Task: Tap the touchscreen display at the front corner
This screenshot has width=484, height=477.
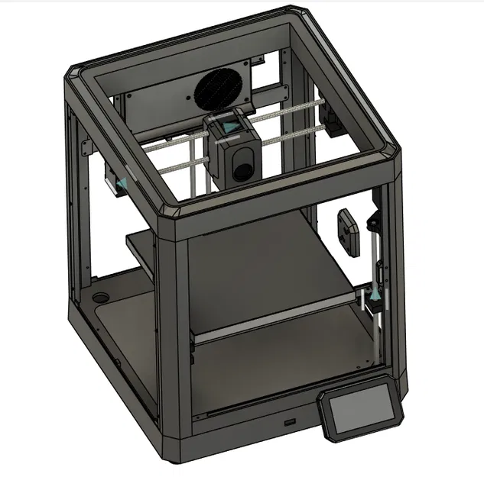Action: click(x=362, y=413)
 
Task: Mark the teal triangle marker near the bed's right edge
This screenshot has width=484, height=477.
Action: click(x=376, y=293)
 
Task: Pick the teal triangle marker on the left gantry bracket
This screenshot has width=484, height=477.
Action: click(x=119, y=183)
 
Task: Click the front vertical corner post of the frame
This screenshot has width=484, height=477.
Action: click(x=177, y=336)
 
